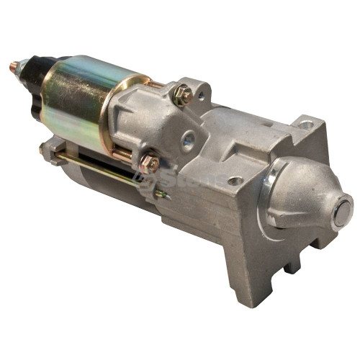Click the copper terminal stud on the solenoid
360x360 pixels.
coord(14,68)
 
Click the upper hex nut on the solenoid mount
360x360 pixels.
coord(184,94)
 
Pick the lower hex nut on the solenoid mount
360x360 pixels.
coord(150,163)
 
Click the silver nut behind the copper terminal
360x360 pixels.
coord(23,69)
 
